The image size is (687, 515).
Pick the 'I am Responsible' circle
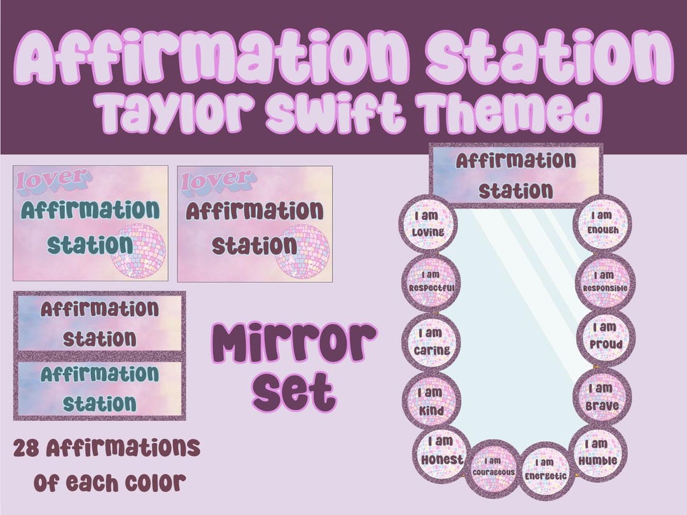[604, 281]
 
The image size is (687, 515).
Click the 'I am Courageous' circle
[494, 468]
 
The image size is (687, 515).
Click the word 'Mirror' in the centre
[293, 343]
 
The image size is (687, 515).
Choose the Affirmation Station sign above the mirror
[516, 175]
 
